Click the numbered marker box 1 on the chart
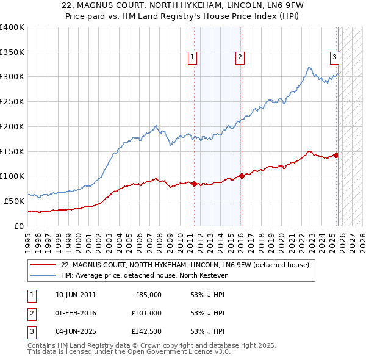(192, 57)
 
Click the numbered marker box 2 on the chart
(240, 57)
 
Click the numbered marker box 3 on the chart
(335, 57)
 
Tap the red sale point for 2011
(194, 184)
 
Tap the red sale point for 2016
(242, 176)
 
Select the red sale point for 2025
(337, 155)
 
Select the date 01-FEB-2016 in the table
(76, 313)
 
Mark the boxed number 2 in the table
(30, 313)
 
